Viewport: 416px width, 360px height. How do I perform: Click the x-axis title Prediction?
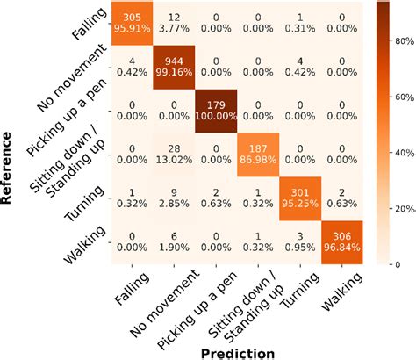click(x=237, y=351)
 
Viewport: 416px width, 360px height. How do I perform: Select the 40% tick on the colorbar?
click(x=400, y=154)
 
